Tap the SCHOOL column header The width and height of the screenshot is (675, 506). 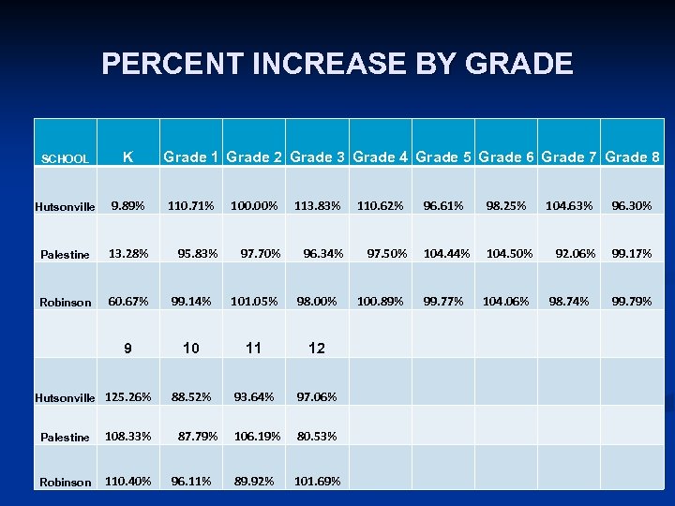tap(66, 159)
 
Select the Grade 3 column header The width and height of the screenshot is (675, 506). tap(319, 157)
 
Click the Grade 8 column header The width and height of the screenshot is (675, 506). tap(633, 157)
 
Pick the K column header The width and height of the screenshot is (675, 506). tap(127, 157)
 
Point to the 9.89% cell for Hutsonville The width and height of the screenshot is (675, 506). tap(127, 205)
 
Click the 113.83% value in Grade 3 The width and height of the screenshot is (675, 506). tap(317, 205)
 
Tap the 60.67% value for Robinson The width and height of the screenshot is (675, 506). tap(127, 301)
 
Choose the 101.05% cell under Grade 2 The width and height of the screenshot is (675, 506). tap(254, 301)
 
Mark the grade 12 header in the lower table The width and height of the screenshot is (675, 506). tap(317, 349)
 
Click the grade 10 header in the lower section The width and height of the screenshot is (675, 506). tap(191, 349)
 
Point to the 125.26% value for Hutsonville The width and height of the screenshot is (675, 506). tap(128, 396)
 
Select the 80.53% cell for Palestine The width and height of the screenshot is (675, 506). tap(317, 436)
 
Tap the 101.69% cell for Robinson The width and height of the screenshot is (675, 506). tap(317, 482)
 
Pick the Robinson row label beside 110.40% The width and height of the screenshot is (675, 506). tap(66, 483)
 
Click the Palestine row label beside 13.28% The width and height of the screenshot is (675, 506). tap(66, 255)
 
